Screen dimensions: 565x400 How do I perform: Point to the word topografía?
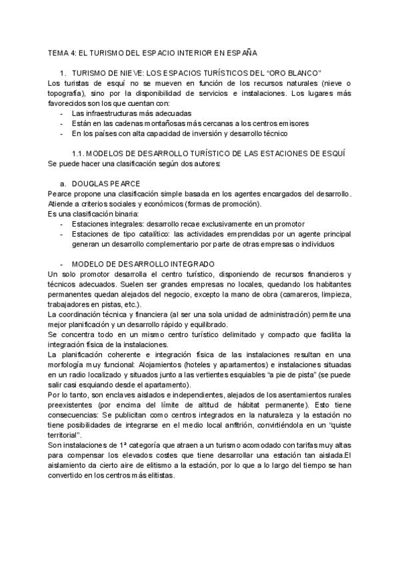click(x=68, y=93)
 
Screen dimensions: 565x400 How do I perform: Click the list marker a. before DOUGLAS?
click(x=63, y=183)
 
